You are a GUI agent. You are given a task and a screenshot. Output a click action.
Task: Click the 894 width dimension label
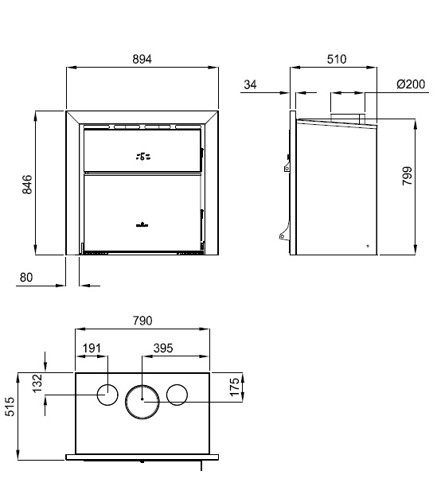click(x=142, y=59)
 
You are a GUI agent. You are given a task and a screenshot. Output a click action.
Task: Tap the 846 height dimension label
click(x=27, y=185)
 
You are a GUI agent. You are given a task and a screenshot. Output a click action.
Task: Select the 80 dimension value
click(x=26, y=278)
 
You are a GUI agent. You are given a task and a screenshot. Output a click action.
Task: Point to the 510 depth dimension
click(x=337, y=59)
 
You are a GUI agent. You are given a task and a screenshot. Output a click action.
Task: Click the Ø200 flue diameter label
click(x=411, y=84)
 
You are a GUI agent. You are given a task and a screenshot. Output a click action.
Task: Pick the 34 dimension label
click(x=250, y=84)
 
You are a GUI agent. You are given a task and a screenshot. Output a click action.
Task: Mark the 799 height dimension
click(x=407, y=176)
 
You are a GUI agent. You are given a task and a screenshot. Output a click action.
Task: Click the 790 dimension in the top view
click(x=142, y=321)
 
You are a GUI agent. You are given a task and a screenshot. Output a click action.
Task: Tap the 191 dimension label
click(x=92, y=348)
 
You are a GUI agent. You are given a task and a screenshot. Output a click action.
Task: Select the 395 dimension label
click(x=163, y=348)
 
